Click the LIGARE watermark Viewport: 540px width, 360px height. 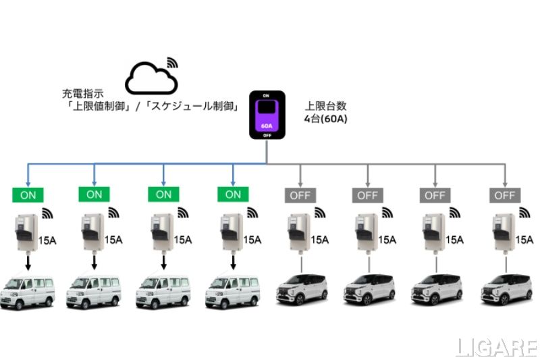496,348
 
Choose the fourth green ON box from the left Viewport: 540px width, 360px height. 233,195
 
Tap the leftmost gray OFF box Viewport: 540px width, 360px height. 298,195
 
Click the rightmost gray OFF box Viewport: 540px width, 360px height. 504,195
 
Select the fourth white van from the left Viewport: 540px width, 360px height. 232,291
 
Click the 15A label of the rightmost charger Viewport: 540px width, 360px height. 523,239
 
